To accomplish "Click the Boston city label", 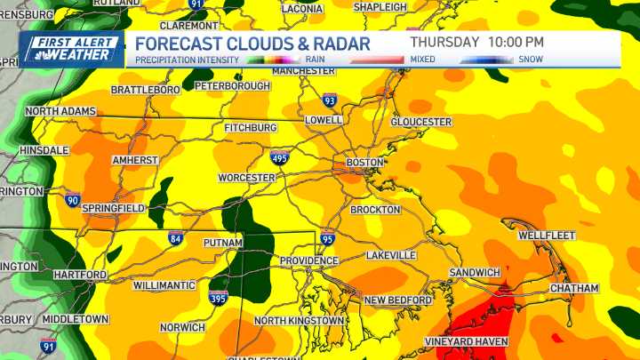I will (364, 163).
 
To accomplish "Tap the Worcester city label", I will (247, 178).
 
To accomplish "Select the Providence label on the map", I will (308, 260).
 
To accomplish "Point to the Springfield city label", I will (113, 208).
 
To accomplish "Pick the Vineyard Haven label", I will (467, 341).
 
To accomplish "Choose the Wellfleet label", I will (547, 236).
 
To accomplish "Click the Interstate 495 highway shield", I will (279, 158).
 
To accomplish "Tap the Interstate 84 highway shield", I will (176, 238).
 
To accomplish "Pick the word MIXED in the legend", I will (422, 60).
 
